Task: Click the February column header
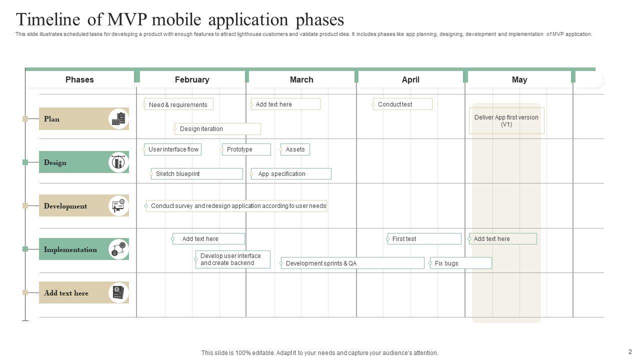(192, 79)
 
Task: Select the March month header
(301, 79)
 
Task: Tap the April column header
(410, 79)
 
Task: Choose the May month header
(519, 79)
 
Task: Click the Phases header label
(79, 79)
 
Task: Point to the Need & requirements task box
(178, 104)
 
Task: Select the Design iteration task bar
(217, 129)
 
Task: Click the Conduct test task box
(402, 104)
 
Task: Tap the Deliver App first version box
(506, 121)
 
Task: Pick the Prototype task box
(246, 149)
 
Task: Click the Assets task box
(295, 149)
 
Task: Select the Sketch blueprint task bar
(196, 174)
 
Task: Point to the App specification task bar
(291, 174)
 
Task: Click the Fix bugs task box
(460, 263)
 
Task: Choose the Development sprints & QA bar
(352, 263)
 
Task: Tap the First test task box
(424, 239)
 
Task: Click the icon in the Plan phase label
(119, 119)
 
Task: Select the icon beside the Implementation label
(119, 249)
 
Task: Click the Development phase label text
(65, 206)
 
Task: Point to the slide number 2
(630, 352)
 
